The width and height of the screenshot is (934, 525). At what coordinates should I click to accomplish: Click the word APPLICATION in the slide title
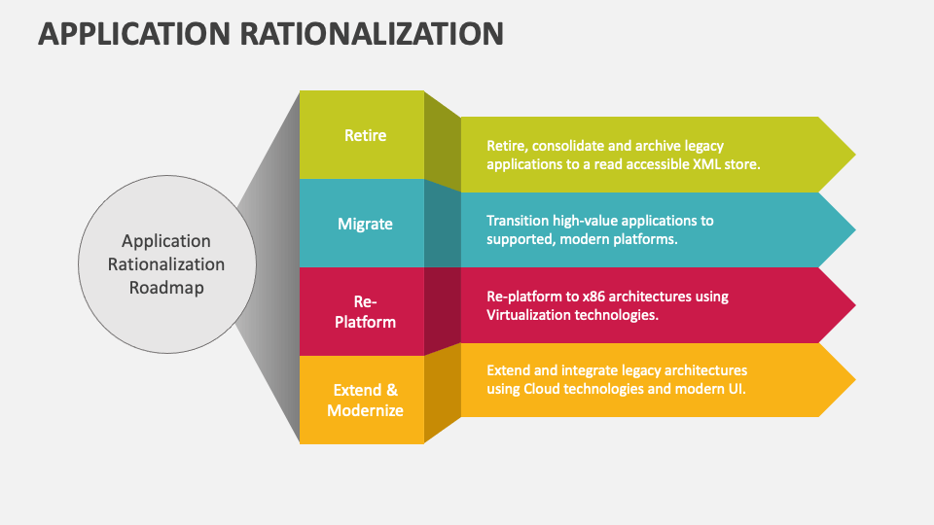tap(134, 34)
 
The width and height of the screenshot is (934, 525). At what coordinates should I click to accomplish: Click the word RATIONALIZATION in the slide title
tap(372, 34)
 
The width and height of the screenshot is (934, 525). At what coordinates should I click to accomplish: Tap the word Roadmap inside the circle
tap(166, 288)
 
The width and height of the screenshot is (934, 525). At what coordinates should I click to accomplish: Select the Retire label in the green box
tap(365, 135)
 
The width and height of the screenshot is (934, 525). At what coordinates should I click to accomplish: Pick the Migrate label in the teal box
tap(365, 224)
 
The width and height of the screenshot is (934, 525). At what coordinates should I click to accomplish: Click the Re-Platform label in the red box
tap(365, 311)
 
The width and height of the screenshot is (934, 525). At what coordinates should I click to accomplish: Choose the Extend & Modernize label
tap(365, 400)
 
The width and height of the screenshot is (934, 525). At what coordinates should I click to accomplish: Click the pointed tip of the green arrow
tap(855, 155)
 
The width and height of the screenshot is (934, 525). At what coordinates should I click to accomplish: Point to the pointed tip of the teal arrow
tap(855, 229)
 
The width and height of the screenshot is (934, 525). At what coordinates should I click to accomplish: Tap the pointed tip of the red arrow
tap(855, 304)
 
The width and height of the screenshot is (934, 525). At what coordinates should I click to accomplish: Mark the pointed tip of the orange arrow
tap(855, 380)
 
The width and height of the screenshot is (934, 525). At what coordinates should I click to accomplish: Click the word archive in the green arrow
tap(659, 146)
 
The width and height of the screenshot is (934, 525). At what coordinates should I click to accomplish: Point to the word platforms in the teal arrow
tap(649, 240)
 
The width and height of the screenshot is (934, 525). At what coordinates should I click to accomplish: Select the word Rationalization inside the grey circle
tap(166, 264)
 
